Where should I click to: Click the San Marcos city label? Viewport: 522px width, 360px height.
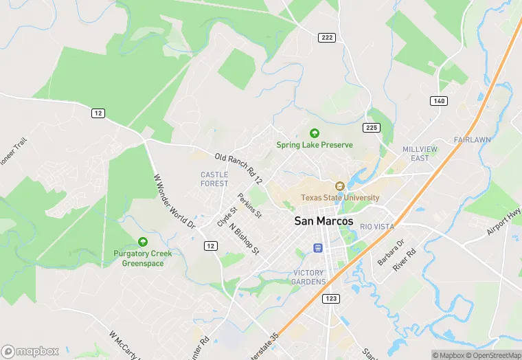click(x=324, y=221)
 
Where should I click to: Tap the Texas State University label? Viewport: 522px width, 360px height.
click(x=340, y=198)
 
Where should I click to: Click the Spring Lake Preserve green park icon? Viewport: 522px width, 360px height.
click(x=315, y=133)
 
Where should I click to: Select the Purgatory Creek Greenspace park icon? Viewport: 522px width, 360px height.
click(x=143, y=242)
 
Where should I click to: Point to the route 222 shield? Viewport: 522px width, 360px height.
click(x=326, y=36)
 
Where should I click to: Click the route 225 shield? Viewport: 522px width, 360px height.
click(x=372, y=128)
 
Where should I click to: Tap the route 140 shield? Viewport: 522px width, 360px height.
click(x=439, y=101)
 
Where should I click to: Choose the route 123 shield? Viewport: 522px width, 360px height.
click(x=332, y=298)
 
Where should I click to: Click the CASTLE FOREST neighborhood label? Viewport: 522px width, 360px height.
click(x=214, y=179)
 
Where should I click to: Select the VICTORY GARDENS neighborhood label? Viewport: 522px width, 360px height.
click(x=308, y=278)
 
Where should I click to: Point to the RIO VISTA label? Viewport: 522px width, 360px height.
click(x=377, y=227)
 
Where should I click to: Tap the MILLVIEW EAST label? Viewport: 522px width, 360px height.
click(x=416, y=153)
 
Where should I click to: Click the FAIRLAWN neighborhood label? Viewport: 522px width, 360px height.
click(x=472, y=140)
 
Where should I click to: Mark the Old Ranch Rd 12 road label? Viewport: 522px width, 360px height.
click(x=238, y=169)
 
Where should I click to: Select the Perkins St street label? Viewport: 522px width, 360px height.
click(x=249, y=205)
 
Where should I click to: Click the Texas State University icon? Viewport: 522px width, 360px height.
click(x=339, y=186)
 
